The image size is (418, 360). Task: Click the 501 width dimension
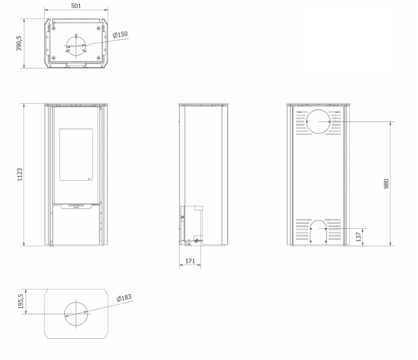pyautogui.click(x=76, y=6)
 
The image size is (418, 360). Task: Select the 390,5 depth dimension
pyautogui.click(x=19, y=43)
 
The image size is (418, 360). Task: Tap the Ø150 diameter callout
pyautogui.click(x=120, y=35)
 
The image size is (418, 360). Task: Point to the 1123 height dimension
pyautogui.click(x=20, y=174)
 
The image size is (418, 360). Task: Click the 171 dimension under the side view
pyautogui.click(x=190, y=261)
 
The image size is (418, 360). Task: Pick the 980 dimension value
pyautogui.click(x=387, y=184)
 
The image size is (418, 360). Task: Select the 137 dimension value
pyautogui.click(x=358, y=237)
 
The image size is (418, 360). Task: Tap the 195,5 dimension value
pyautogui.click(x=21, y=301)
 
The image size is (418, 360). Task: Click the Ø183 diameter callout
pyautogui.click(x=124, y=298)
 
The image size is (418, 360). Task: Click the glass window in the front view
pyautogui.click(x=76, y=155)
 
